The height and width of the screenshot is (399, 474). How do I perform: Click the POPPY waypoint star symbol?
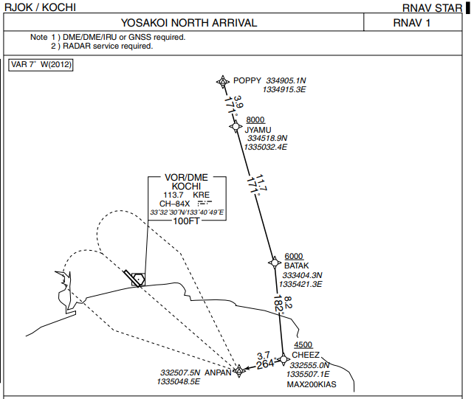click(x=224, y=81)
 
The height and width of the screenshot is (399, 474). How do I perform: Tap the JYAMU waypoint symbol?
click(x=236, y=126)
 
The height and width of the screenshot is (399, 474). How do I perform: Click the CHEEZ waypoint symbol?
click(x=284, y=358)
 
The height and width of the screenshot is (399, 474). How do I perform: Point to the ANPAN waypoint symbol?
click(x=239, y=371)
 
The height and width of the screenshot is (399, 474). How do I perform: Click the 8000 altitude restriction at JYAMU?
click(x=255, y=119)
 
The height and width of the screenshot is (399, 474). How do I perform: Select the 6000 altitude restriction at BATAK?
click(x=294, y=257)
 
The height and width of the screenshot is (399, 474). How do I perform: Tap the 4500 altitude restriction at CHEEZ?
click(x=303, y=345)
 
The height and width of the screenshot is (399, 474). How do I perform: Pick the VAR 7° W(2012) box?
click(x=41, y=64)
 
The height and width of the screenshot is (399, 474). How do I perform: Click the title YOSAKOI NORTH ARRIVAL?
click(x=190, y=23)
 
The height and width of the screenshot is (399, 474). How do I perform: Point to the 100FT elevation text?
click(x=186, y=221)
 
